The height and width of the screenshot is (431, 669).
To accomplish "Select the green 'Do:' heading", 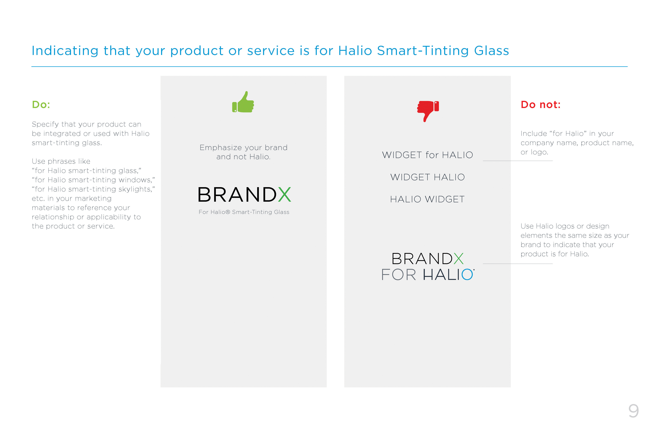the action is [41, 105].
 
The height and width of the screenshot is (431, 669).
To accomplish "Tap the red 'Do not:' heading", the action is [540, 105].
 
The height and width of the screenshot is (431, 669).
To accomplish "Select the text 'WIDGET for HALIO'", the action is [428, 155].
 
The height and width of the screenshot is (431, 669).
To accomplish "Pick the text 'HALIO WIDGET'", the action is [428, 199].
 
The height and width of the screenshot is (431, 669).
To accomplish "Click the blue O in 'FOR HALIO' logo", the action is [467, 275].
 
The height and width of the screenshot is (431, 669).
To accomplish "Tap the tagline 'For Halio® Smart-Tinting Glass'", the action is [244, 212].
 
